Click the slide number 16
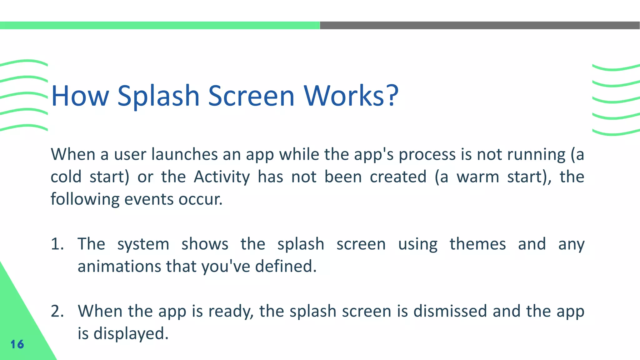click(17, 344)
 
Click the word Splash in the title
click(158, 96)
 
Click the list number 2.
click(57, 311)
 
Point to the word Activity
click(222, 177)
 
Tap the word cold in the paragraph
click(66, 177)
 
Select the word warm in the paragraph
click(478, 177)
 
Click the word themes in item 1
click(477, 244)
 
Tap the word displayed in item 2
click(131, 334)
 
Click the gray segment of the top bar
click(480, 25)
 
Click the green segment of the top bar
click(159, 25)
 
